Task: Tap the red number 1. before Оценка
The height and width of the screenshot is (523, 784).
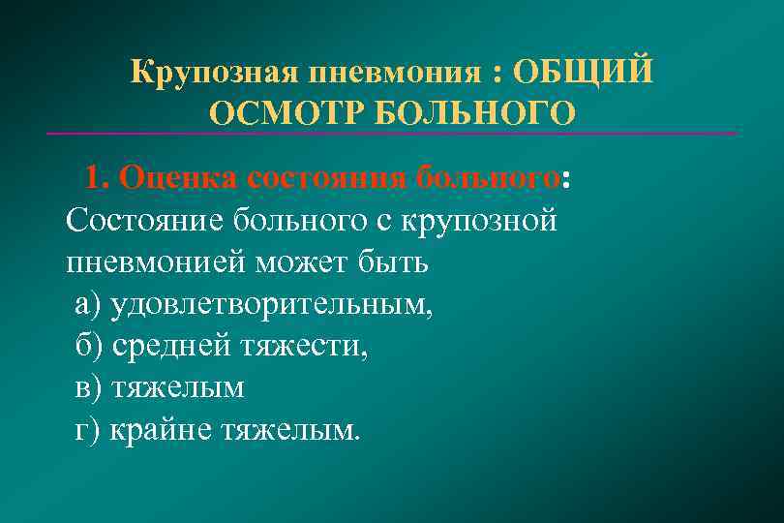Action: [x=99, y=178]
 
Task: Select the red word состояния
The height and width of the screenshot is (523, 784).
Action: [x=323, y=178]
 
